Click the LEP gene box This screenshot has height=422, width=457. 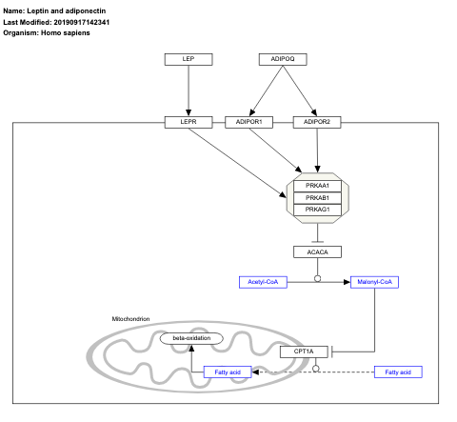pos(188,59)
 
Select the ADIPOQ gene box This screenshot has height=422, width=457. pos(283,59)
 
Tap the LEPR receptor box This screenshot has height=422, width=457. pos(188,122)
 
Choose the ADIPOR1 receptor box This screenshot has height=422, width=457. pos(249,122)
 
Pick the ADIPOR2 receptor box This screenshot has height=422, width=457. pos(317,122)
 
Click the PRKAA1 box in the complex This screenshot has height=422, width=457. pos(316,185)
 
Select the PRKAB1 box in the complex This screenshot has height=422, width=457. pos(316,197)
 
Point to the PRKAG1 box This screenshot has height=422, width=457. pos(316,210)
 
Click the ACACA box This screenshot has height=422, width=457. pos(316,251)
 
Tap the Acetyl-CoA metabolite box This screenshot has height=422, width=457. pos(262,282)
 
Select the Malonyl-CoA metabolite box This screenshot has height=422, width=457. pos(374,282)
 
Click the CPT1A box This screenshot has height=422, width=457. pos(304,352)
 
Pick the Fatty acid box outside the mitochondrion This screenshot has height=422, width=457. pos(397,372)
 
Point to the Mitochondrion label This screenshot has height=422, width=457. pos(130,318)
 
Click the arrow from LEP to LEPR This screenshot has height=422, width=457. pos(188,90)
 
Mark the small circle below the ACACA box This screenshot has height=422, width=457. pos(316,279)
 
